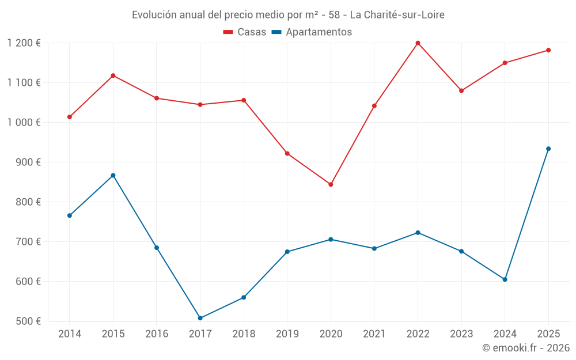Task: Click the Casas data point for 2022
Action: [418, 43]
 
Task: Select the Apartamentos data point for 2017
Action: [200, 318]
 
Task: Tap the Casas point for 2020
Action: [331, 184]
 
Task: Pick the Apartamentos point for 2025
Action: [548, 149]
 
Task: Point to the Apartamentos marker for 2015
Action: [113, 175]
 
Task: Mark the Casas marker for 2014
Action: [70, 117]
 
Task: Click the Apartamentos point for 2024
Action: [505, 279]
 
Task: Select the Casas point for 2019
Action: [287, 153]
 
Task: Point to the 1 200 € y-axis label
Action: [24, 43]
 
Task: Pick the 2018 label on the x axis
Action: [244, 334]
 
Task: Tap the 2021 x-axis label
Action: [374, 334]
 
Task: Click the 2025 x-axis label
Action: [548, 334]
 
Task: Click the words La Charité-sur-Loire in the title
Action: [397, 15]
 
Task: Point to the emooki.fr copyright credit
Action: [525, 348]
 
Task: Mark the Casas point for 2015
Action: [113, 75]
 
